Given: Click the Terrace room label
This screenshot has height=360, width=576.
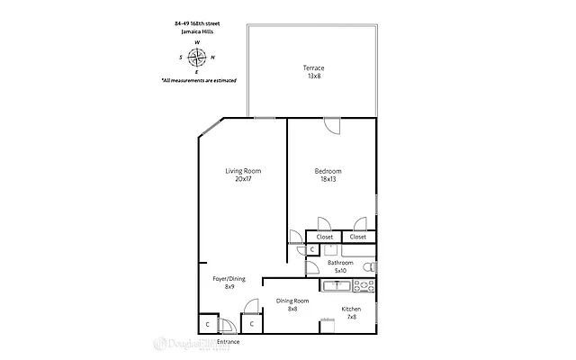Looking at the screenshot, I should click(312, 67).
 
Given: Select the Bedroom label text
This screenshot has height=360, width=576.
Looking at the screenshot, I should click(328, 171).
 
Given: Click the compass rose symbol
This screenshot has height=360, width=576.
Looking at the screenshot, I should click(197, 57).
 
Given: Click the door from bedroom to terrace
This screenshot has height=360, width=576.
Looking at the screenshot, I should click(333, 126).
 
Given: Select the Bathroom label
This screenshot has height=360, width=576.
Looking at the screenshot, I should click(340, 263).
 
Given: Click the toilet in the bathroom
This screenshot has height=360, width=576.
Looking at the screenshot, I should click(370, 267).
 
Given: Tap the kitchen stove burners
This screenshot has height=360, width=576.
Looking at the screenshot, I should click(364, 286).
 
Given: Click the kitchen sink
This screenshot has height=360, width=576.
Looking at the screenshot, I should click(337, 286).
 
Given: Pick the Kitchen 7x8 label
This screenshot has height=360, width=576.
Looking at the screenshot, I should click(351, 312).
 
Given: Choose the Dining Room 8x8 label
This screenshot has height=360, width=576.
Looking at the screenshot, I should click(292, 305).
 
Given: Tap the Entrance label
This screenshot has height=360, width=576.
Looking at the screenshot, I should click(229, 343).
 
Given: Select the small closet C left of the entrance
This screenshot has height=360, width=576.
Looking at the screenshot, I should click(207, 324).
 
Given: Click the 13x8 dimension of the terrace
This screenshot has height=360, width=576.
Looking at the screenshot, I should click(312, 76).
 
